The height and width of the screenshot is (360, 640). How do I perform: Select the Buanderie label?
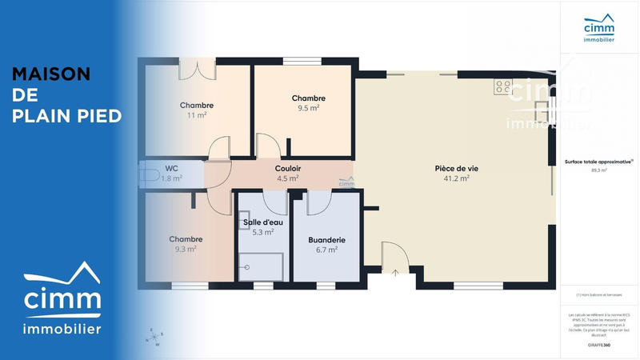click(326, 239)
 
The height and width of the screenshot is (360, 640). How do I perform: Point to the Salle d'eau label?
click(263, 222)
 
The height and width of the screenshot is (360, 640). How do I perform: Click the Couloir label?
click(287, 169)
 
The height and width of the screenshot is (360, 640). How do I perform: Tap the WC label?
click(171, 168)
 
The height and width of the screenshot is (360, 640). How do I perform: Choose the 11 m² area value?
click(197, 115)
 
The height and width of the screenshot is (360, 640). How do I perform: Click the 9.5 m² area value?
click(308, 108)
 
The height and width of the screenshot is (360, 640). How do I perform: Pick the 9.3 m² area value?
click(186, 249)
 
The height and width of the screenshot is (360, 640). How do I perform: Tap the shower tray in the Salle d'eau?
click(260, 266)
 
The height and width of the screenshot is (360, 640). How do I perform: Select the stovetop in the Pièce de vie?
click(502, 86)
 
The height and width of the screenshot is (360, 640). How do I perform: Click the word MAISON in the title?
click(51, 74)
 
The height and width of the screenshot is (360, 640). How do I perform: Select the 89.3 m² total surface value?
click(599, 170)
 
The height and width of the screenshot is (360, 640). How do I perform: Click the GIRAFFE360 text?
click(599, 345)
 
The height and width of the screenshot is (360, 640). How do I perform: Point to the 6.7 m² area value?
click(326, 250)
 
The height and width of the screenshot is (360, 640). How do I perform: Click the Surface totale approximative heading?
click(598, 162)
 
